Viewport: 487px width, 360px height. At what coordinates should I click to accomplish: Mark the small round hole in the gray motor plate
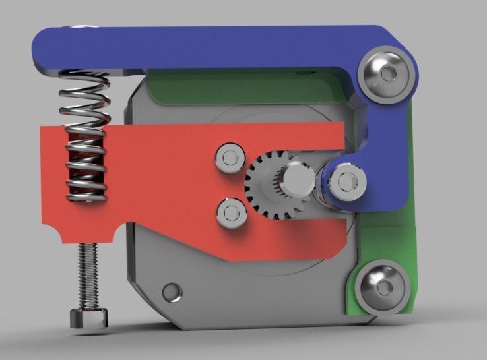click(173, 290)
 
